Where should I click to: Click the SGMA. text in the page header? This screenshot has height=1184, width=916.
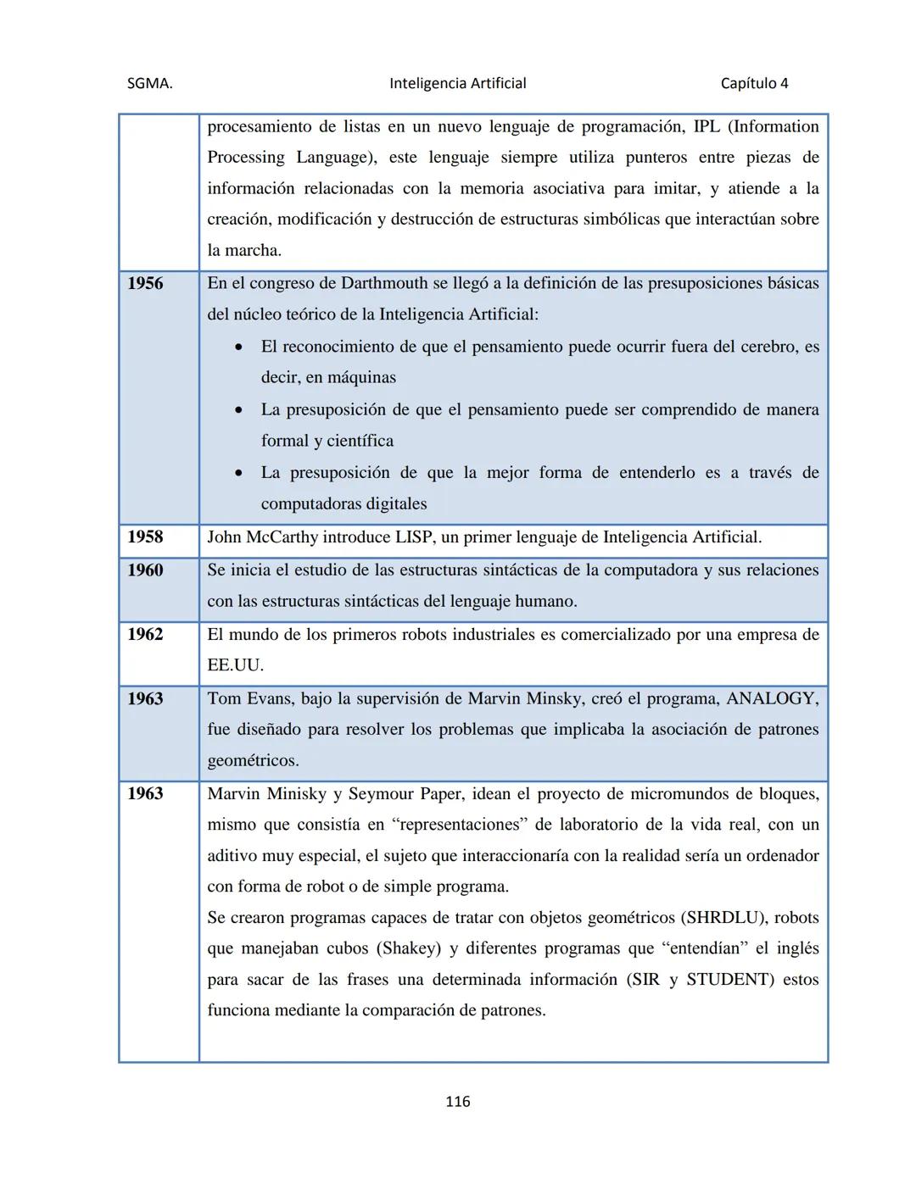[x=149, y=83]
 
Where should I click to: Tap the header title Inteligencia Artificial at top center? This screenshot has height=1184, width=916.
[x=457, y=83]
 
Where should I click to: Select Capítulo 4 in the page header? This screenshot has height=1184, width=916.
[x=754, y=83]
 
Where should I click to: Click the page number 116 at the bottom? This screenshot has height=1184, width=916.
[x=457, y=1101]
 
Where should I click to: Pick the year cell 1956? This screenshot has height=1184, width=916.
[x=145, y=283]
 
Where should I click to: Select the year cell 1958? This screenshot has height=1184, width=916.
[x=145, y=536]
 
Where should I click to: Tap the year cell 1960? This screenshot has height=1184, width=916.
[x=145, y=570]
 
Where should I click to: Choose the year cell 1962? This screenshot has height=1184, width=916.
[x=145, y=634]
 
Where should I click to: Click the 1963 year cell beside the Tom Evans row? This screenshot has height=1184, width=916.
[x=145, y=698]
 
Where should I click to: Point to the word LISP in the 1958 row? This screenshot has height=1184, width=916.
[x=416, y=537]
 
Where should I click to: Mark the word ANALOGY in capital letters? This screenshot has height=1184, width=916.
[x=771, y=698]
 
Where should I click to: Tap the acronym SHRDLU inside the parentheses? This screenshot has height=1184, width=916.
[x=723, y=917]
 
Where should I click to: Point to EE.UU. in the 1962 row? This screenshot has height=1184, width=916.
[x=234, y=665]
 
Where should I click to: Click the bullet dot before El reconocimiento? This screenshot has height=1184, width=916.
[x=241, y=347]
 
